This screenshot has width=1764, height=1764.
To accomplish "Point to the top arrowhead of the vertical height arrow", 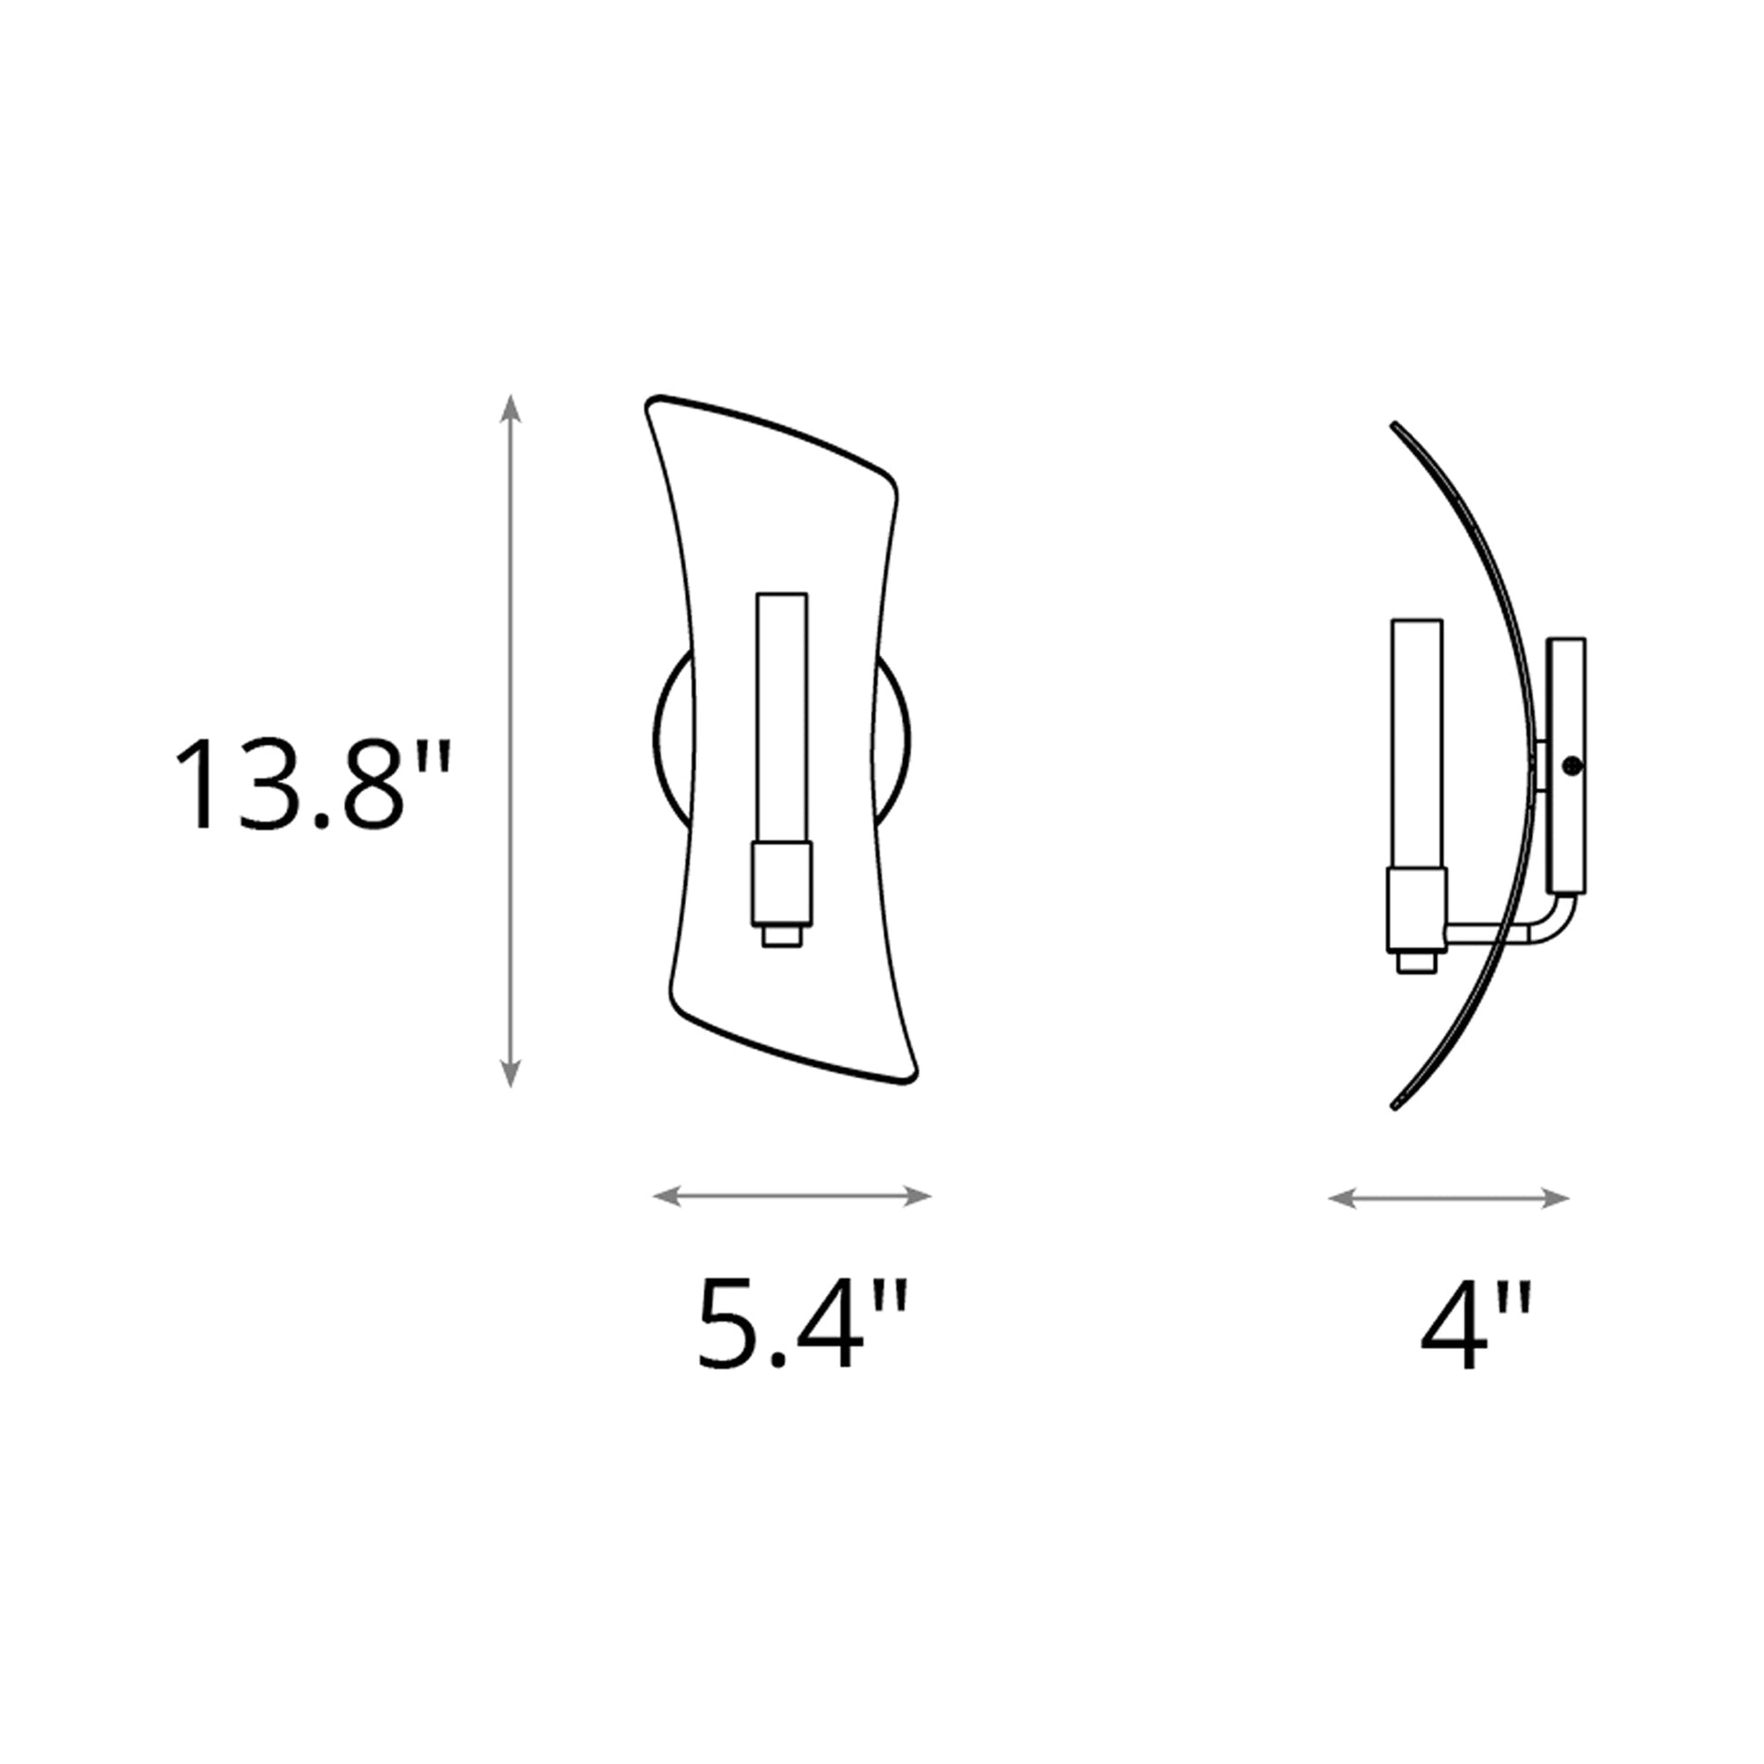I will pyautogui.click(x=510, y=407).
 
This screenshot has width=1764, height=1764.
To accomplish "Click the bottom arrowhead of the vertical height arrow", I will pyautogui.click(x=510, y=1075).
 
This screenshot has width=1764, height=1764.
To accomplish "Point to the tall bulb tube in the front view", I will pyautogui.click(x=781, y=717).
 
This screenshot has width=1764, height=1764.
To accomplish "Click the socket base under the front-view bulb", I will pyautogui.click(x=781, y=885).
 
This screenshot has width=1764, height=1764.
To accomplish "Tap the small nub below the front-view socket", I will pyautogui.click(x=781, y=936).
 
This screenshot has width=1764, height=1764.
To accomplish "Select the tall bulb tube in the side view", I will pyautogui.click(x=1416, y=744).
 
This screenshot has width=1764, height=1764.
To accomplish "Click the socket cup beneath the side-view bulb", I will pyautogui.click(x=1416, y=910).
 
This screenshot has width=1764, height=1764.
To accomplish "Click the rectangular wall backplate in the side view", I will pyautogui.click(x=1566, y=765).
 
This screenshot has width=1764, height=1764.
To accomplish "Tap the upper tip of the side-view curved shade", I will pyautogui.click(x=1394, y=425).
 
